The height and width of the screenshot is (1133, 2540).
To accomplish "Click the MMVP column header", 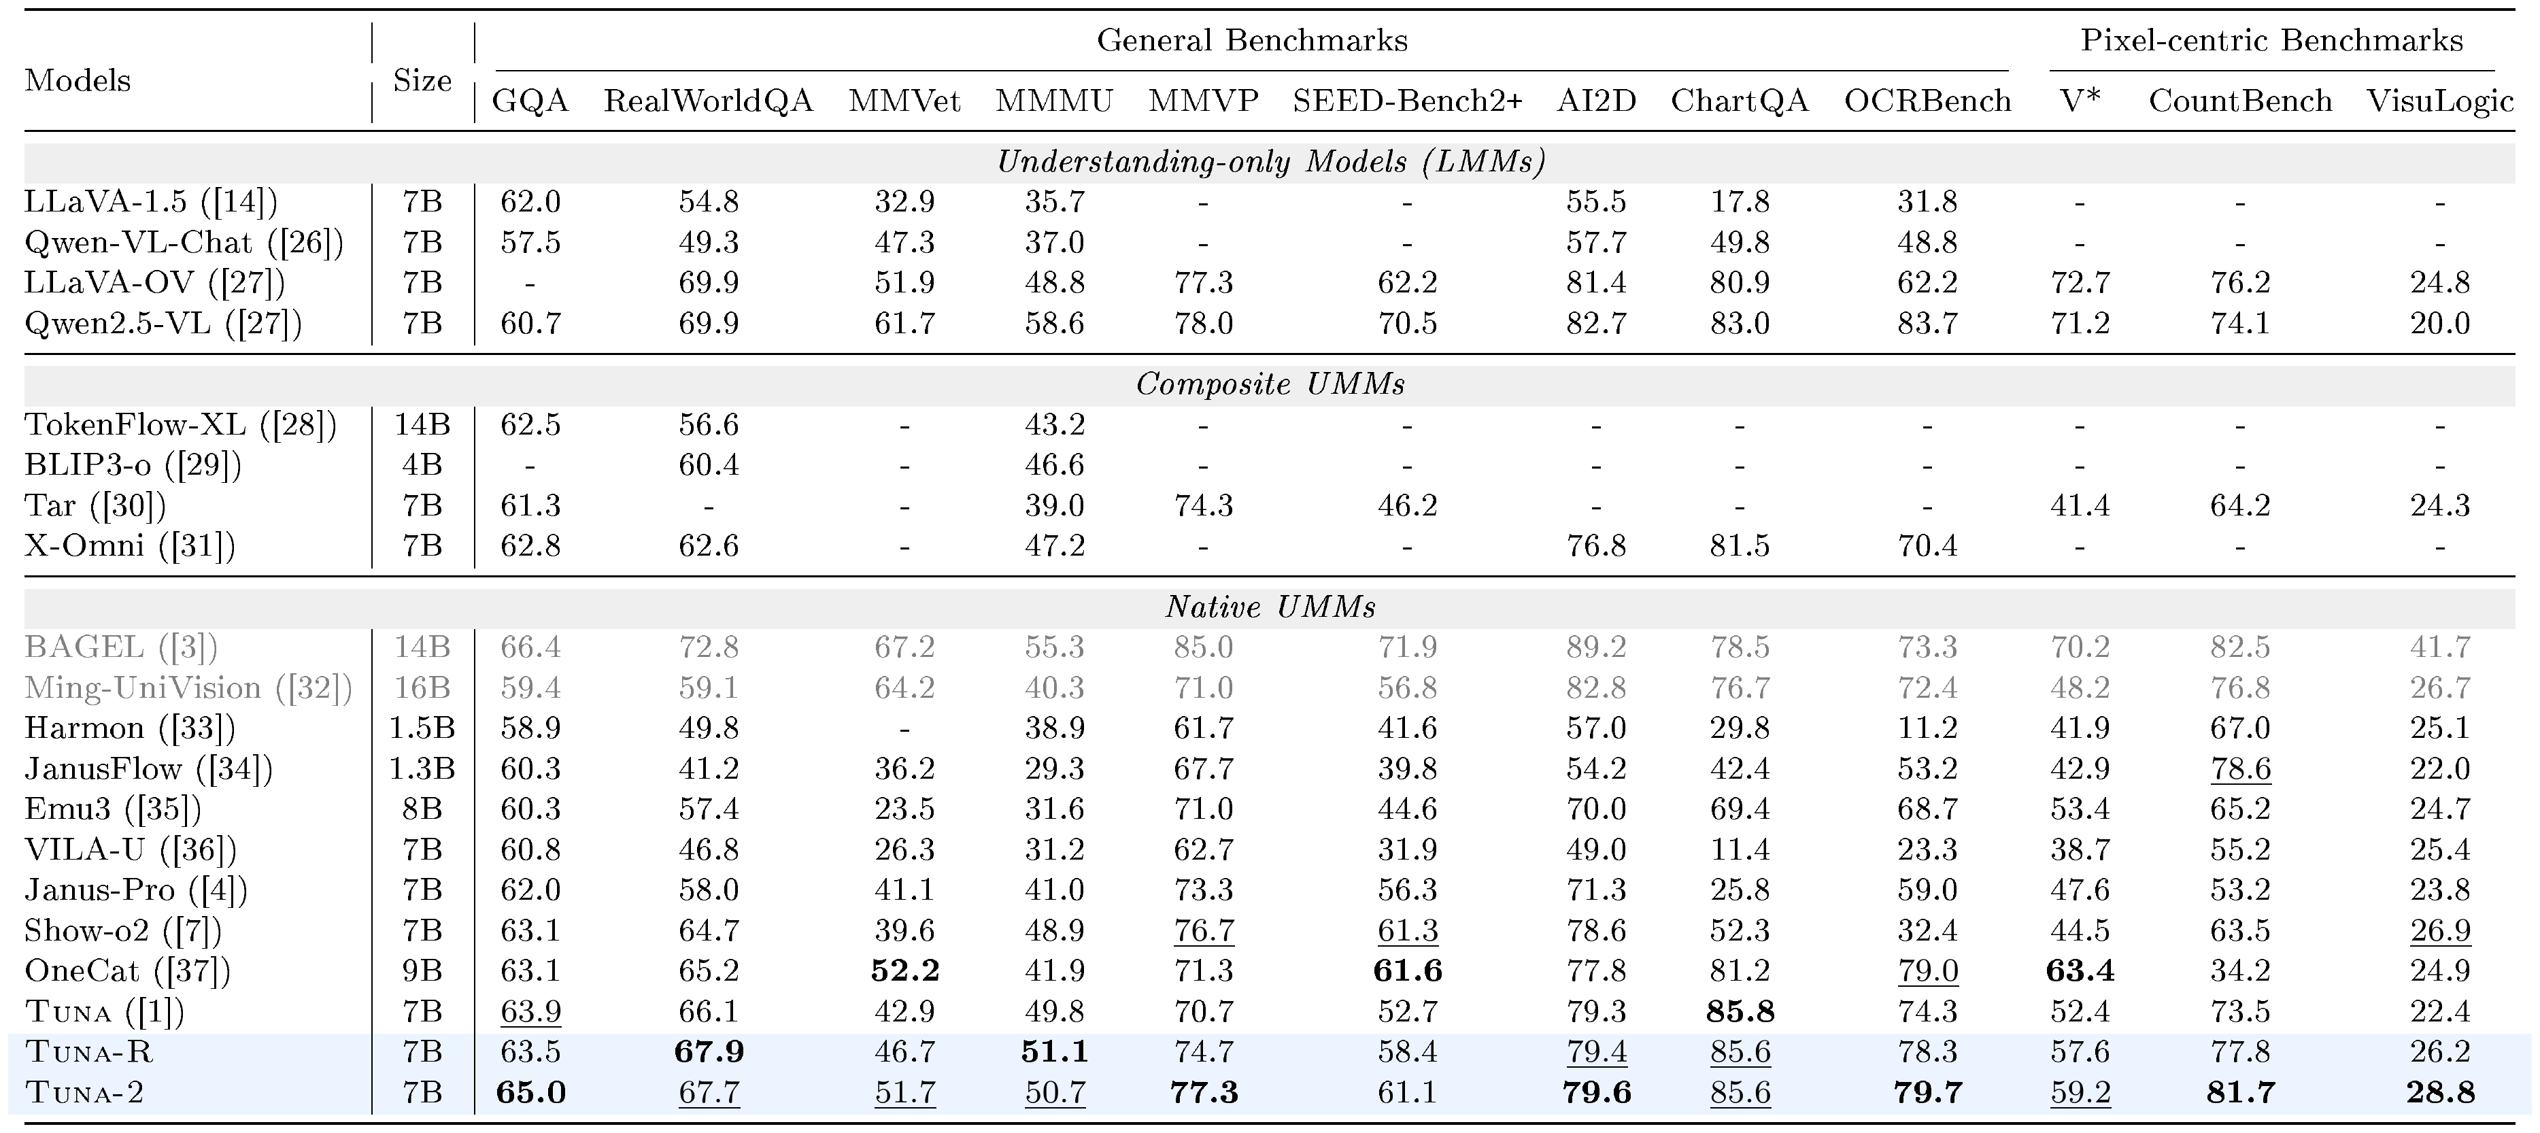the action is (x=1203, y=101).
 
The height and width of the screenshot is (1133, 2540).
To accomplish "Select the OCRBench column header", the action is (x=1927, y=101).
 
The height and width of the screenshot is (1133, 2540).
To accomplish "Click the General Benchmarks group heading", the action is (x=1252, y=40).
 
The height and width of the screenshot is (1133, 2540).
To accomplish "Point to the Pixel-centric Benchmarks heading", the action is (x=2272, y=40).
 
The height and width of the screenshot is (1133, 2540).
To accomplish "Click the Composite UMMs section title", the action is (x=1270, y=384).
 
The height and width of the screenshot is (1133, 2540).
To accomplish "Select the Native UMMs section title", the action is (x=1270, y=607).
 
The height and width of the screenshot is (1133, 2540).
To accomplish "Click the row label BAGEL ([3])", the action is (x=121, y=647).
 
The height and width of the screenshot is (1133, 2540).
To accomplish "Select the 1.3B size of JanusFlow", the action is (x=422, y=768).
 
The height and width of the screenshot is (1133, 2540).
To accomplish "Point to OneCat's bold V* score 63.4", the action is (x=2080, y=971).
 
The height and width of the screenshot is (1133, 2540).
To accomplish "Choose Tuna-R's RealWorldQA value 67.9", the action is (x=708, y=1052).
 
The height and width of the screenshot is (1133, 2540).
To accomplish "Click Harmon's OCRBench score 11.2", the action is (x=1927, y=728).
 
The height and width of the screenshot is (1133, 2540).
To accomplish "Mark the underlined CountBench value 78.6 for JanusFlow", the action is (x=2240, y=769).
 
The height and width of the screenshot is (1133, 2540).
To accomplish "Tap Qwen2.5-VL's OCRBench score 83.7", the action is (x=1927, y=324).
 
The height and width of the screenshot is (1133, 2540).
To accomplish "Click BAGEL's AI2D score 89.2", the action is (x=1595, y=647).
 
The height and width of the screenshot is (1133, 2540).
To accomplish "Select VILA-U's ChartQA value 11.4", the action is (x=1740, y=849).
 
